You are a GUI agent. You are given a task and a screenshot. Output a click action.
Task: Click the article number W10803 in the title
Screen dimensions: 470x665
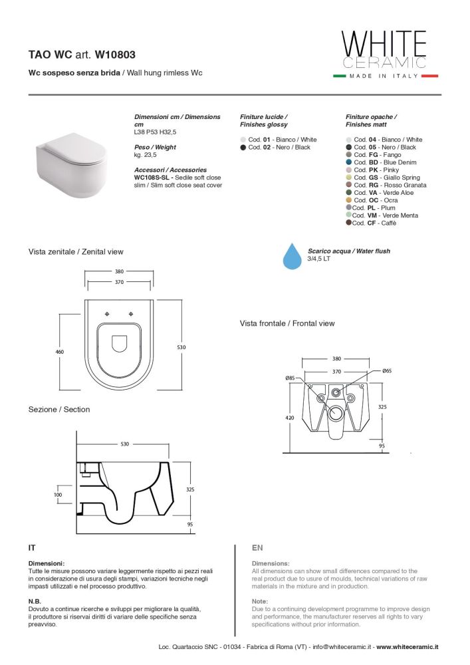point(115,55)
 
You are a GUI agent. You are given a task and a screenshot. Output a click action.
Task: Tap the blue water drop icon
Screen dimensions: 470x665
point(293,256)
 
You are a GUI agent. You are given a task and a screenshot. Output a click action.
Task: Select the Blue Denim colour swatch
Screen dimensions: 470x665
point(349,162)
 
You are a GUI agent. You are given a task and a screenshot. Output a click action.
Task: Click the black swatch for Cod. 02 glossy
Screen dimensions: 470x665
point(243,147)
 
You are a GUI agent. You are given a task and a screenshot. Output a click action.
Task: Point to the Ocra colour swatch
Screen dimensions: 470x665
point(349,200)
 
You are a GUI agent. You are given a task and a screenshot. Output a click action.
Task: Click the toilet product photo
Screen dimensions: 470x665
point(70,164)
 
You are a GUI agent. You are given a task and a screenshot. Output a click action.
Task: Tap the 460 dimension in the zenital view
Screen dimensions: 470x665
point(60,352)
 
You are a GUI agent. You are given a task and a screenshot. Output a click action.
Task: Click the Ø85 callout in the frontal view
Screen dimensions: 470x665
point(291,378)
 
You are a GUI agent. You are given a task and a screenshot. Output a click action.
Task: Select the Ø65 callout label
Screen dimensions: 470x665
point(387,370)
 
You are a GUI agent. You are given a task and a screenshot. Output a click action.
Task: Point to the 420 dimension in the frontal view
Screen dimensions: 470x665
point(290,418)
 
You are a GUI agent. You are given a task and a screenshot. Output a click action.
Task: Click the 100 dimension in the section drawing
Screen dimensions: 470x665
point(58,495)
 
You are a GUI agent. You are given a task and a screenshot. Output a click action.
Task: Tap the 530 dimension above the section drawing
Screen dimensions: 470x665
point(124,444)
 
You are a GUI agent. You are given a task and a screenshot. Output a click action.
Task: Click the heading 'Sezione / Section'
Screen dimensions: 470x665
point(59,409)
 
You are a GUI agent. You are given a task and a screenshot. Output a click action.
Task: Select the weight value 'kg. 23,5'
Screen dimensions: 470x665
point(146,155)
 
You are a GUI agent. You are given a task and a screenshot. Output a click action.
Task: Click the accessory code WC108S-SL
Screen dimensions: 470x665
point(152,178)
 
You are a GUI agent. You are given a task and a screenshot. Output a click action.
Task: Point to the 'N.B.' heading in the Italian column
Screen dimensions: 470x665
point(35,601)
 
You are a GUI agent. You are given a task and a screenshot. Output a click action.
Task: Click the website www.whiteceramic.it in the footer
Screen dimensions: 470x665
point(408,647)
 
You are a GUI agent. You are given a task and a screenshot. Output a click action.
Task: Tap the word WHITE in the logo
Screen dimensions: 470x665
point(384,43)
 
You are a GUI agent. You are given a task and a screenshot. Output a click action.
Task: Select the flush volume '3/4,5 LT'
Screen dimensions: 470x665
point(318,258)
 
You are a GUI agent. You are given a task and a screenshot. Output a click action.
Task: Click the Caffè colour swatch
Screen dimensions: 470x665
point(348,222)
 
